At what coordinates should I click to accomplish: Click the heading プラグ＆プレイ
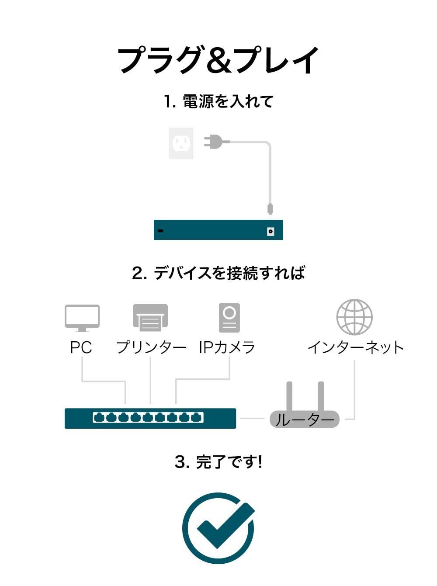218,60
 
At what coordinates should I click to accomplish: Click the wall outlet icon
181,143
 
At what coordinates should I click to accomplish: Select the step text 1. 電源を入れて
218,101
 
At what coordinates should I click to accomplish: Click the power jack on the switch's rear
271,231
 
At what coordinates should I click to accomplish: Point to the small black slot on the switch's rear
160,231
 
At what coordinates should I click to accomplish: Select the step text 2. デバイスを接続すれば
218,273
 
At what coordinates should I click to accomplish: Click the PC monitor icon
82,318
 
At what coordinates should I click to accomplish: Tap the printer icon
150,318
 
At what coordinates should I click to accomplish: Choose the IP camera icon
229,318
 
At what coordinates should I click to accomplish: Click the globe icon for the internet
354,317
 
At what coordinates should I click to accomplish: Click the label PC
81,348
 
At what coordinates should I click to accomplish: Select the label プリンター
151,348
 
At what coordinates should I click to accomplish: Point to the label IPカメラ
227,348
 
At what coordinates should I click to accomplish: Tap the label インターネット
355,348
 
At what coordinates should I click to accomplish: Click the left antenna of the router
289,396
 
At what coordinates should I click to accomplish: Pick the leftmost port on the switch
99,418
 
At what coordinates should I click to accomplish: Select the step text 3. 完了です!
218,462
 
